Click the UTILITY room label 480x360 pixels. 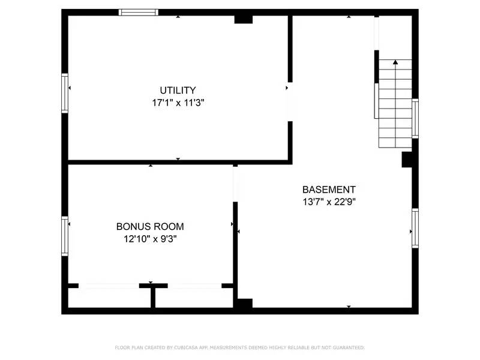click(x=178, y=91)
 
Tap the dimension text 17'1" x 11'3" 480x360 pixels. click(x=178, y=103)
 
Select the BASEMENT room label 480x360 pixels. click(x=329, y=190)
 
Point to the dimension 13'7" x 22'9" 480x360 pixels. click(x=329, y=202)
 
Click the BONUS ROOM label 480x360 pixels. click(x=150, y=227)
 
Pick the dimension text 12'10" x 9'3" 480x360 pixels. click(x=150, y=239)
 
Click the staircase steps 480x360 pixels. click(x=395, y=108)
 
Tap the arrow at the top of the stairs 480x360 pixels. click(x=395, y=62)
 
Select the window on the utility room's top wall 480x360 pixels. click(x=139, y=12)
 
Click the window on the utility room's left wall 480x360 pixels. click(x=65, y=92)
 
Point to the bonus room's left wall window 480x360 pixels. click(x=65, y=236)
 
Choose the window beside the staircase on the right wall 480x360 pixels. click(x=415, y=119)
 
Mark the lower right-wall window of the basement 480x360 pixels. click(x=415, y=228)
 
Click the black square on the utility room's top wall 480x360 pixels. click(x=243, y=19)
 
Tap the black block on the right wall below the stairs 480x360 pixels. click(x=407, y=160)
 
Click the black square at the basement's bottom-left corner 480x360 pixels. click(x=243, y=304)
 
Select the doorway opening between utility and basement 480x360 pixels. click(x=290, y=102)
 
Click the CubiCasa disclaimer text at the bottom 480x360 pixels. click(x=239, y=347)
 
